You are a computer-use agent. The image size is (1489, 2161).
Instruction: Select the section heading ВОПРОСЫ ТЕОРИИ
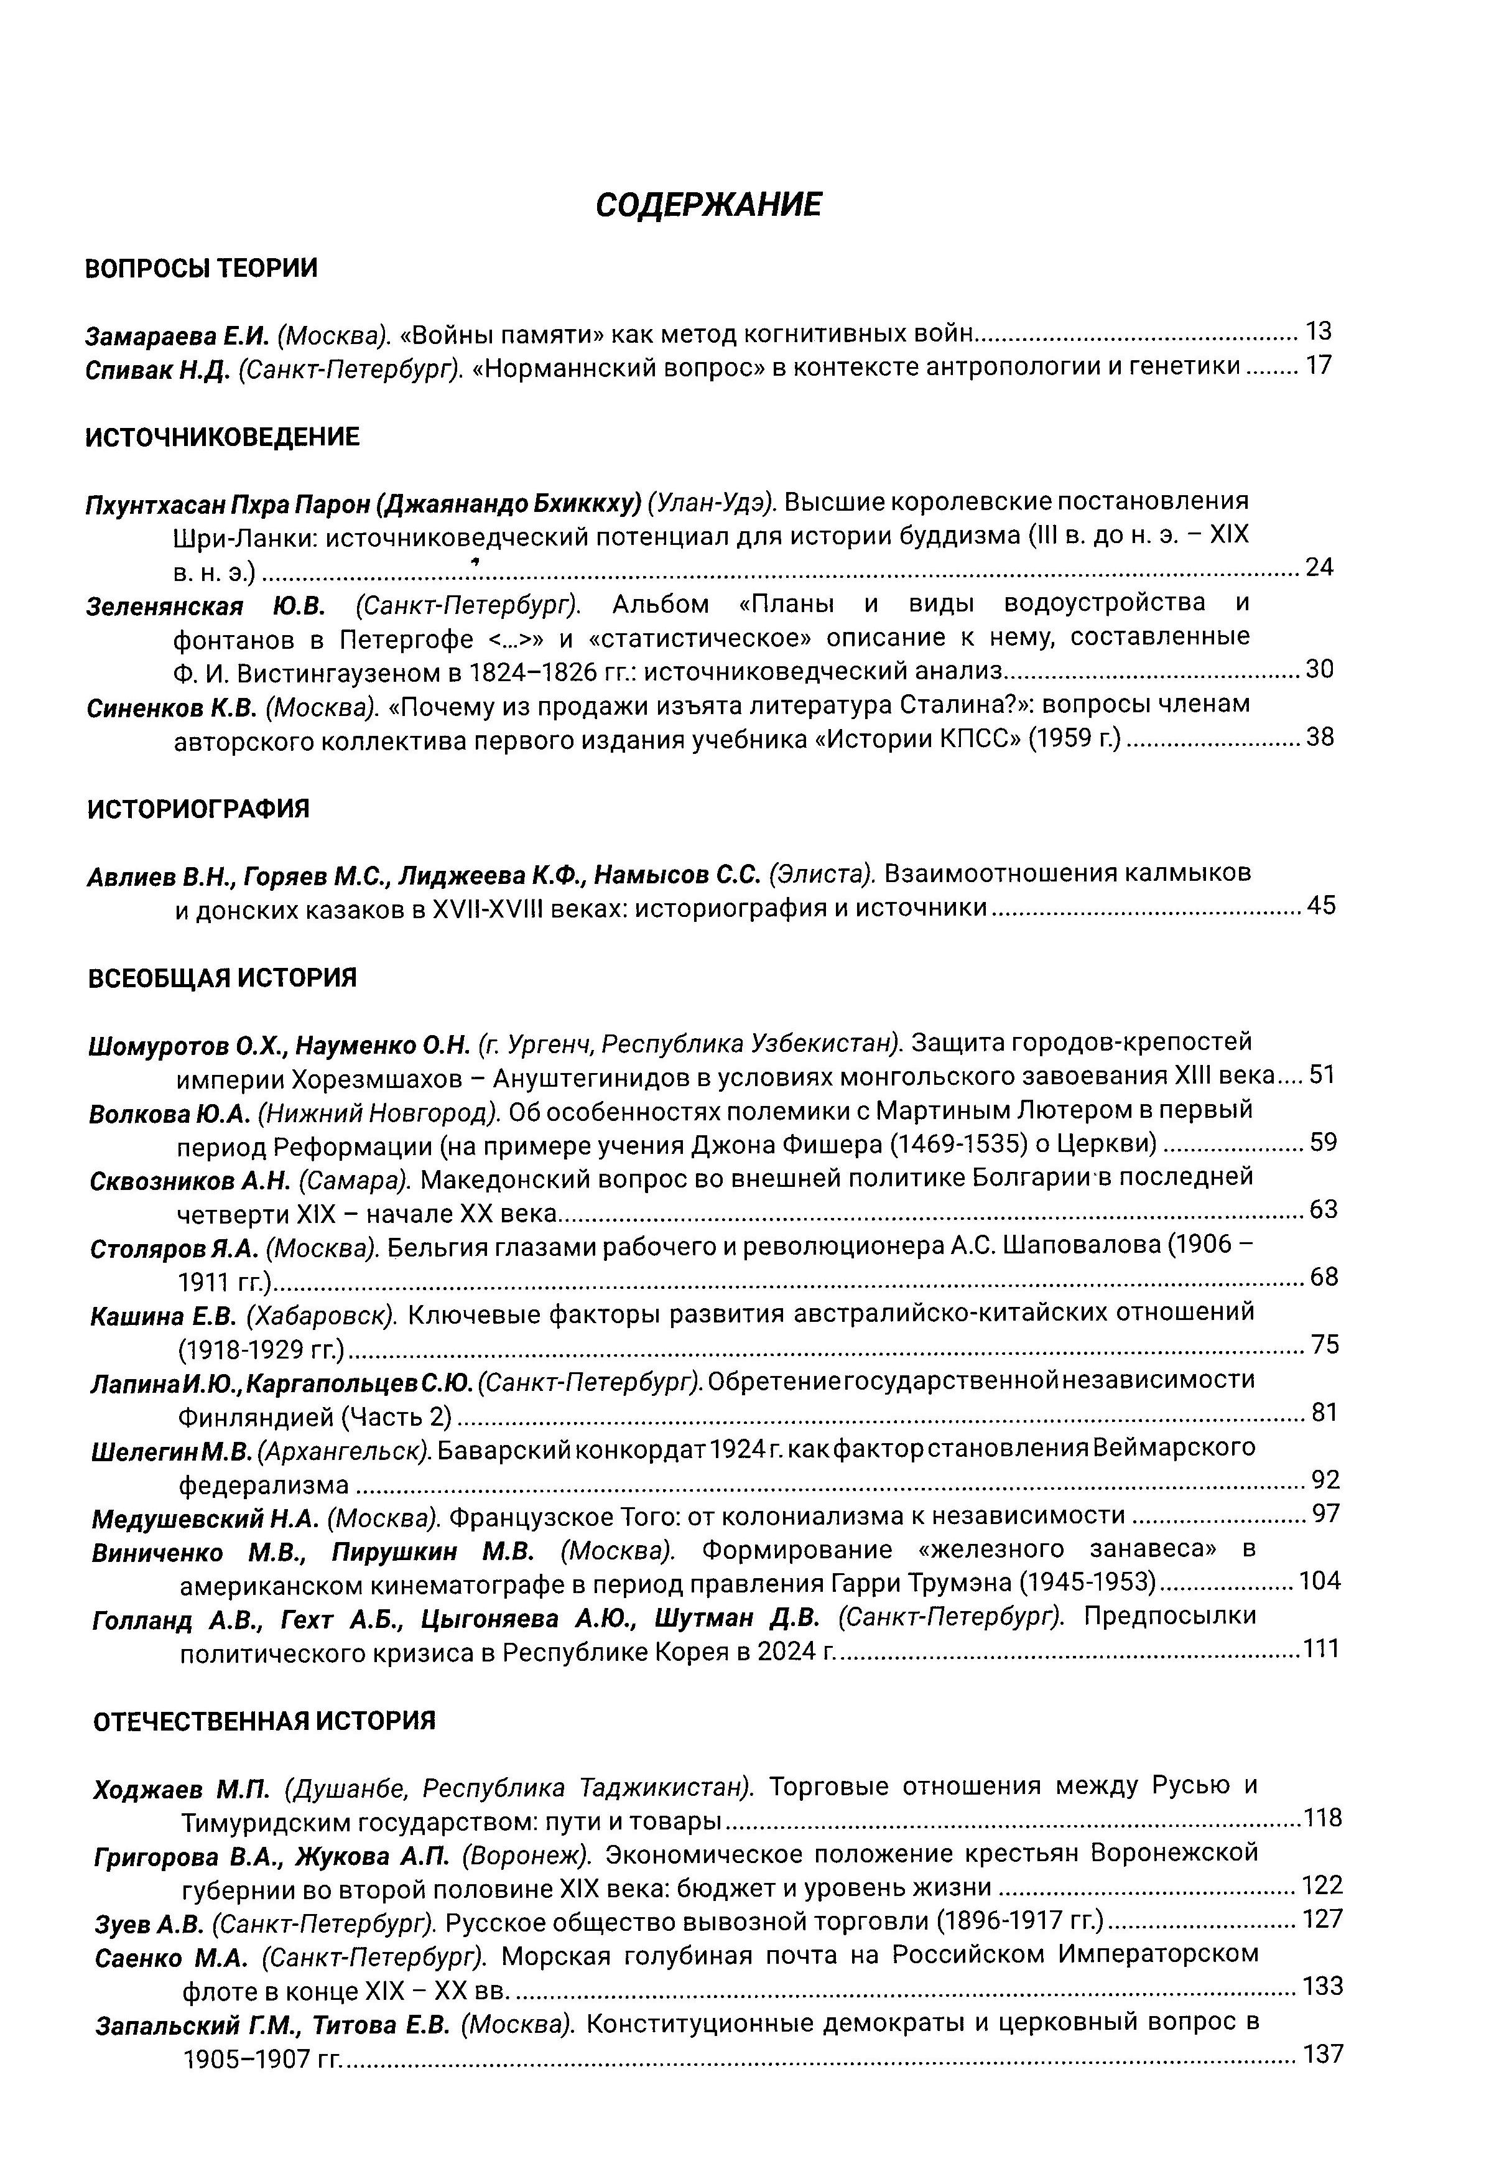[200, 269]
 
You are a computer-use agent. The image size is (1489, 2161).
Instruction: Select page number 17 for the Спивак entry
[1319, 366]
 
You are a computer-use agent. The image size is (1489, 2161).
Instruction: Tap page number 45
[1321, 905]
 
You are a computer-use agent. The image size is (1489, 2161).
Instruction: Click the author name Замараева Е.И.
[177, 334]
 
